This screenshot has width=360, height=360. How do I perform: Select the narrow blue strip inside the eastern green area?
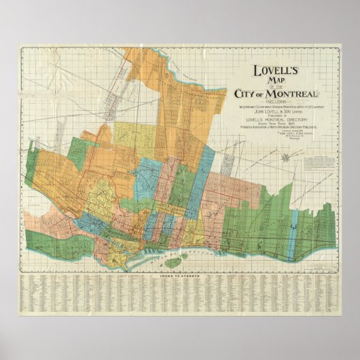tap(293, 224)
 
